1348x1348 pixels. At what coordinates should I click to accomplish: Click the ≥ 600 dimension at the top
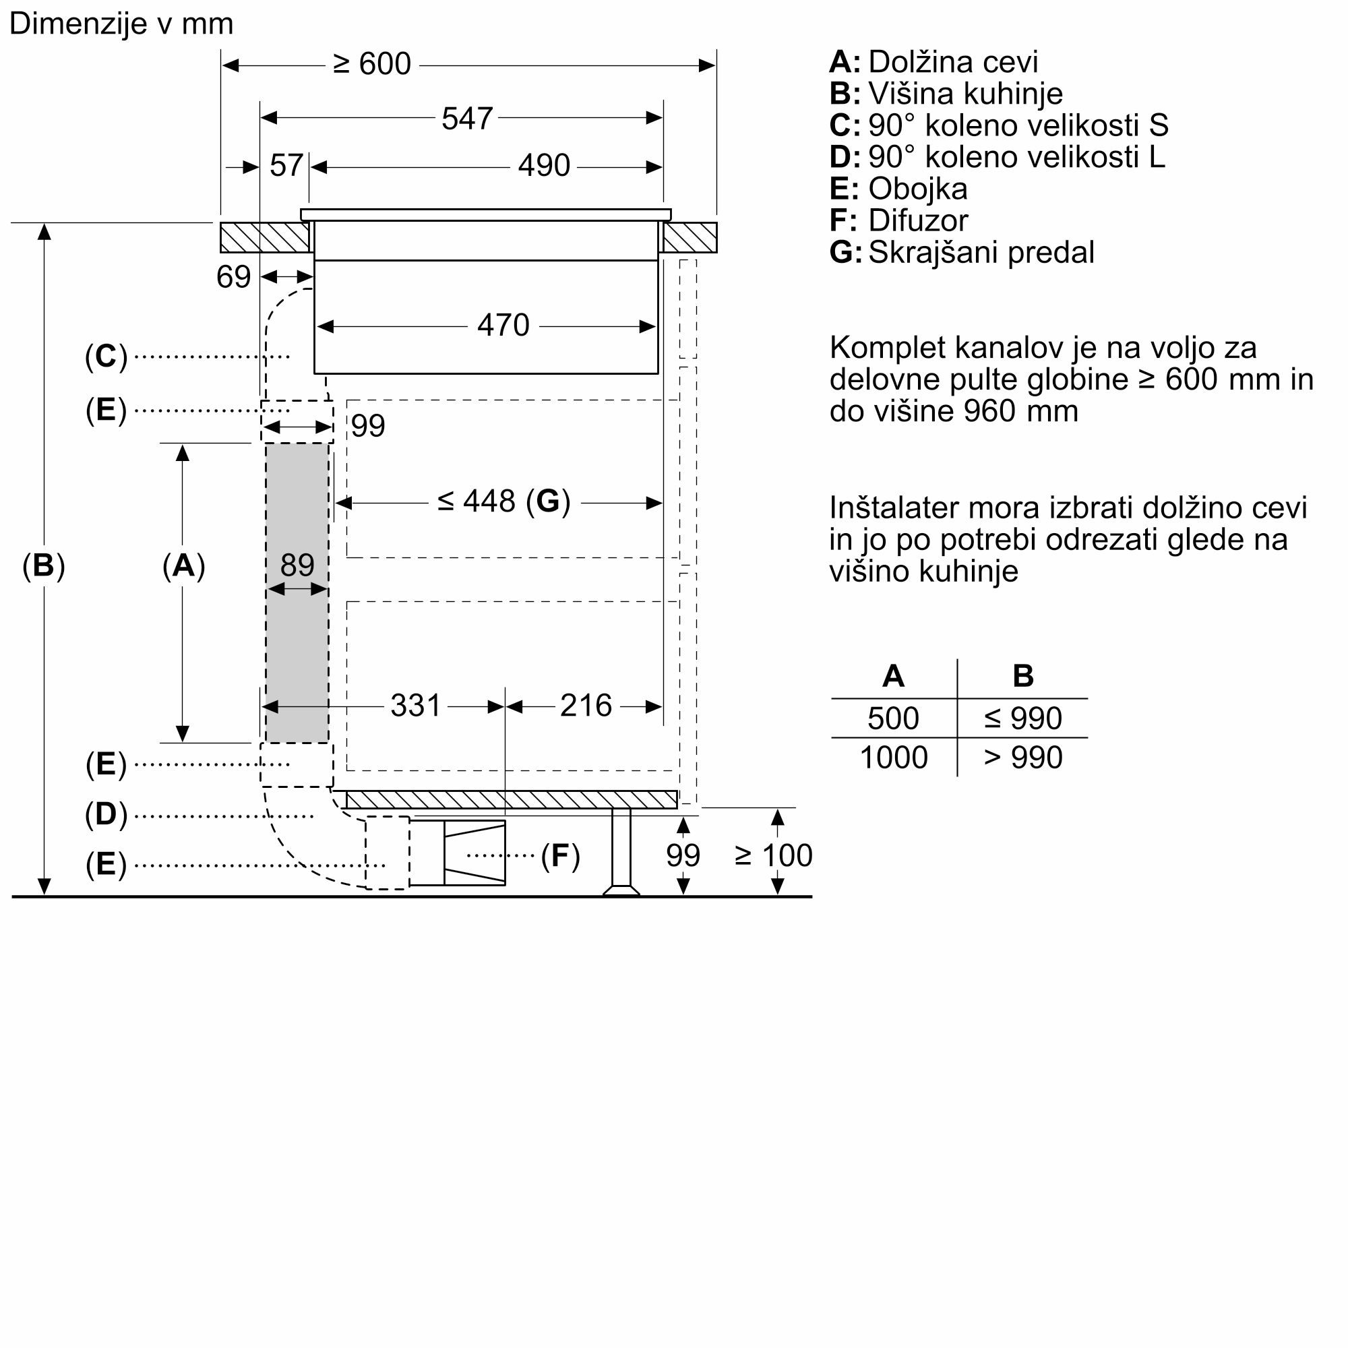tap(372, 64)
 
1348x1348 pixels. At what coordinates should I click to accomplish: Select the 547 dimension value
tap(467, 119)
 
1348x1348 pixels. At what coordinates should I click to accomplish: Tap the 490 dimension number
tap(544, 165)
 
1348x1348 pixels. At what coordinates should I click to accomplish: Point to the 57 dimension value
tap(286, 165)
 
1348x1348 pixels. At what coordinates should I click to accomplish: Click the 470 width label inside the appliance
tap(503, 325)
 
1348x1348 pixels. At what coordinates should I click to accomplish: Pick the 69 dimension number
tap(233, 277)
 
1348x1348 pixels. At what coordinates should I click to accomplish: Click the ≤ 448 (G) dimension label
tap(503, 501)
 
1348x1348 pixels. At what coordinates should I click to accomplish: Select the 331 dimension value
tap(415, 706)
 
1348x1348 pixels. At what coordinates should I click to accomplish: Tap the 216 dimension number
tap(586, 706)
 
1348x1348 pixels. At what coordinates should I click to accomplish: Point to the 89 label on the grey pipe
tap(297, 564)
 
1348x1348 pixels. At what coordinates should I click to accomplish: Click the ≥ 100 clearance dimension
tap(774, 855)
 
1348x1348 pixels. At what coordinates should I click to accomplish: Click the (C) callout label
tap(106, 357)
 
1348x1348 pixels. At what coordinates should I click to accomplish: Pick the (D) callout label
tap(106, 814)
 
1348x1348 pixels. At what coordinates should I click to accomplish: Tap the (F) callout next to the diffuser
tap(560, 855)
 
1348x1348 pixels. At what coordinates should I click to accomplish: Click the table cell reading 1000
tap(894, 758)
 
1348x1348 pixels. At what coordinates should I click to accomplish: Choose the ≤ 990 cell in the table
tap(1023, 718)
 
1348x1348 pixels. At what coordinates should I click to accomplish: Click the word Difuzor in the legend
tap(918, 220)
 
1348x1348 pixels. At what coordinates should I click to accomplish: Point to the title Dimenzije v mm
tap(121, 24)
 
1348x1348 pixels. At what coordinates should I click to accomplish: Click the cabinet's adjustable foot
tap(621, 852)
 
